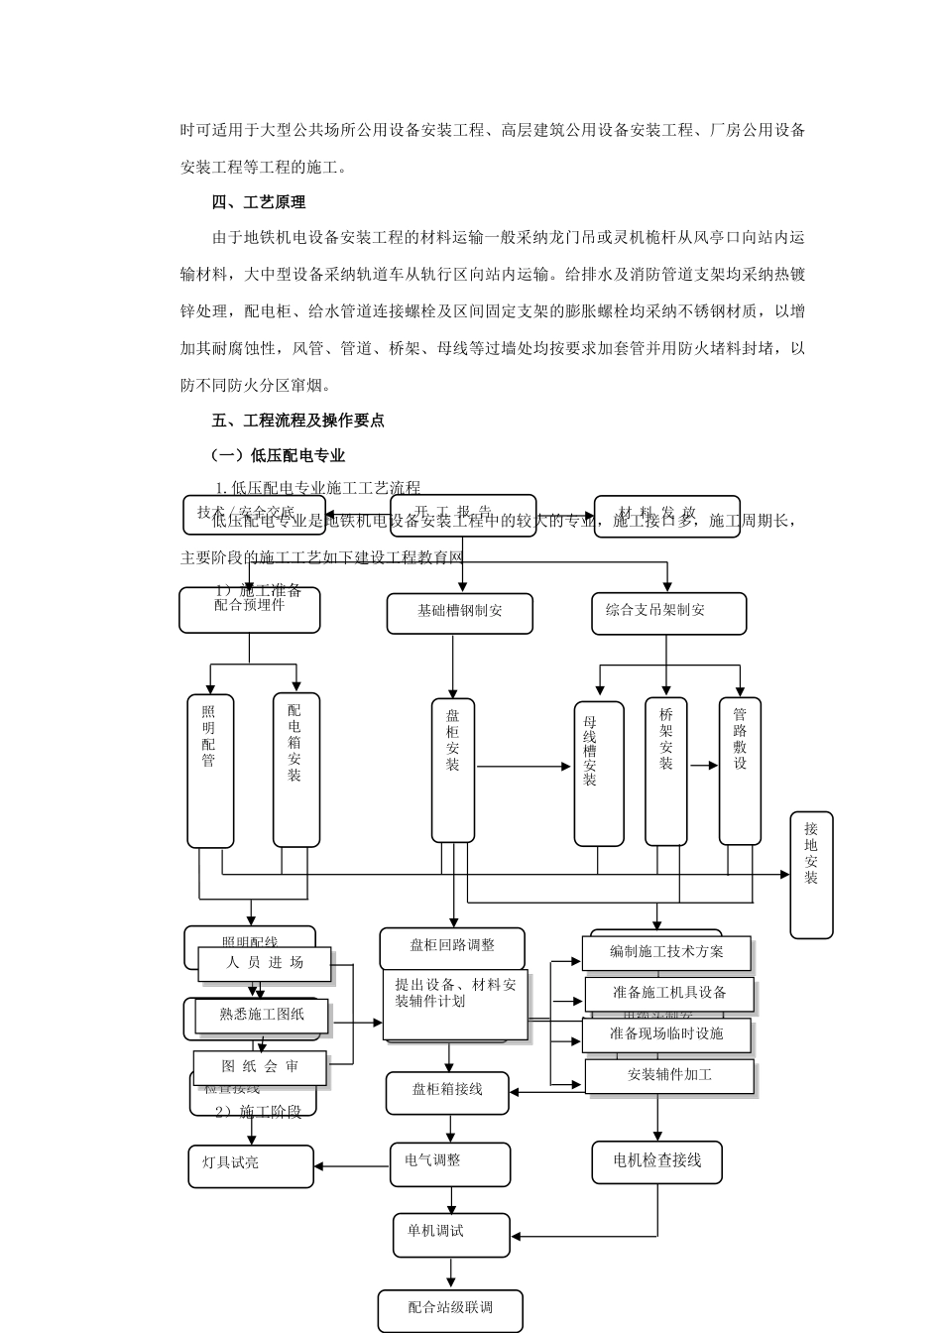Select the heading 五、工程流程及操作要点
[x=297, y=421]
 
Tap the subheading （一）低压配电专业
[x=279, y=455]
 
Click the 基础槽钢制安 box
[x=459, y=612]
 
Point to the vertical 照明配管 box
[x=209, y=771]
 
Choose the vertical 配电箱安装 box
[x=295, y=770]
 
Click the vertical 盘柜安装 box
[x=453, y=770]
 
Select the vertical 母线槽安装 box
[x=599, y=774]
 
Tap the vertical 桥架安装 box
[x=666, y=771]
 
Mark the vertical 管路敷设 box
[x=740, y=771]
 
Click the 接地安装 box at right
[x=811, y=875]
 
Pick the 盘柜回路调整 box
[x=452, y=947]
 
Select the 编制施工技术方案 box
[x=666, y=952]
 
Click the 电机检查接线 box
[x=656, y=1161]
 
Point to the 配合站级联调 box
[x=450, y=1309]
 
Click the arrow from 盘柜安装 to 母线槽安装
[x=525, y=767]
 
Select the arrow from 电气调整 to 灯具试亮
[x=352, y=1166]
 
